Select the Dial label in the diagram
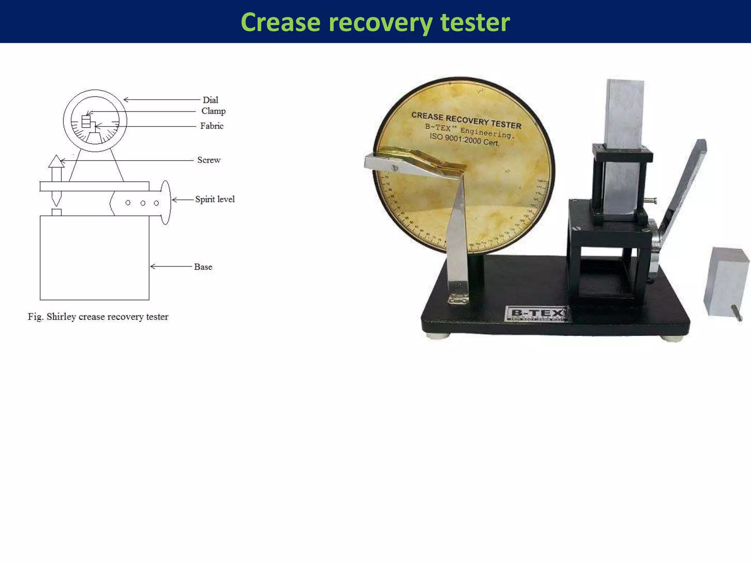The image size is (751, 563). coord(210,100)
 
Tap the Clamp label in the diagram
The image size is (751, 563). coord(213,111)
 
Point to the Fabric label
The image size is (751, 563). coord(212,126)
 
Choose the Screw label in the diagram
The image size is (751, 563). coord(209,160)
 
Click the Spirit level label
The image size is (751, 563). coord(215,199)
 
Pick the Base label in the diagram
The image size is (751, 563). coord(203,267)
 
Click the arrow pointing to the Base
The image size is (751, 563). coord(171,266)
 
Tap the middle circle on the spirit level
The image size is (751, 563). coord(143,203)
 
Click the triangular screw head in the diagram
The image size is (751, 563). coord(56,161)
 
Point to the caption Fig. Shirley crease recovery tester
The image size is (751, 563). coord(98,317)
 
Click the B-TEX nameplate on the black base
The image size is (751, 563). coord(537,313)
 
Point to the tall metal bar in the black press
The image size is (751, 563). coord(623,147)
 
